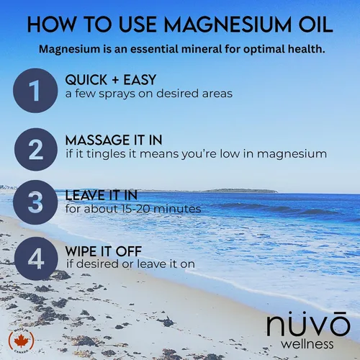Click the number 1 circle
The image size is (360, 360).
coord(35,91)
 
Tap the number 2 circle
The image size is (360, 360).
coord(36,149)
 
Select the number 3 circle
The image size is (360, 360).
coord(35,202)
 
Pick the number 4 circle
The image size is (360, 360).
coord(36,258)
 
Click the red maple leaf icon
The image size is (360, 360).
coord(22,341)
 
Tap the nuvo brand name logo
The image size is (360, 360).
coord(308,323)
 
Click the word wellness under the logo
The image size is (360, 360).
coord(307,344)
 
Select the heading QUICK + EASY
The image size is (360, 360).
coord(111,80)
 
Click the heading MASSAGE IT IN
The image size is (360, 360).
coord(114,140)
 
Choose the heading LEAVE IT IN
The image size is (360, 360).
coord(102,195)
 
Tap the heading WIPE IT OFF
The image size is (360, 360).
coord(104,251)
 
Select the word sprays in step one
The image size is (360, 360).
coord(117,94)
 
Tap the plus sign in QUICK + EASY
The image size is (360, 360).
coord(115,80)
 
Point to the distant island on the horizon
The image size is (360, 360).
coord(240,191)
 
